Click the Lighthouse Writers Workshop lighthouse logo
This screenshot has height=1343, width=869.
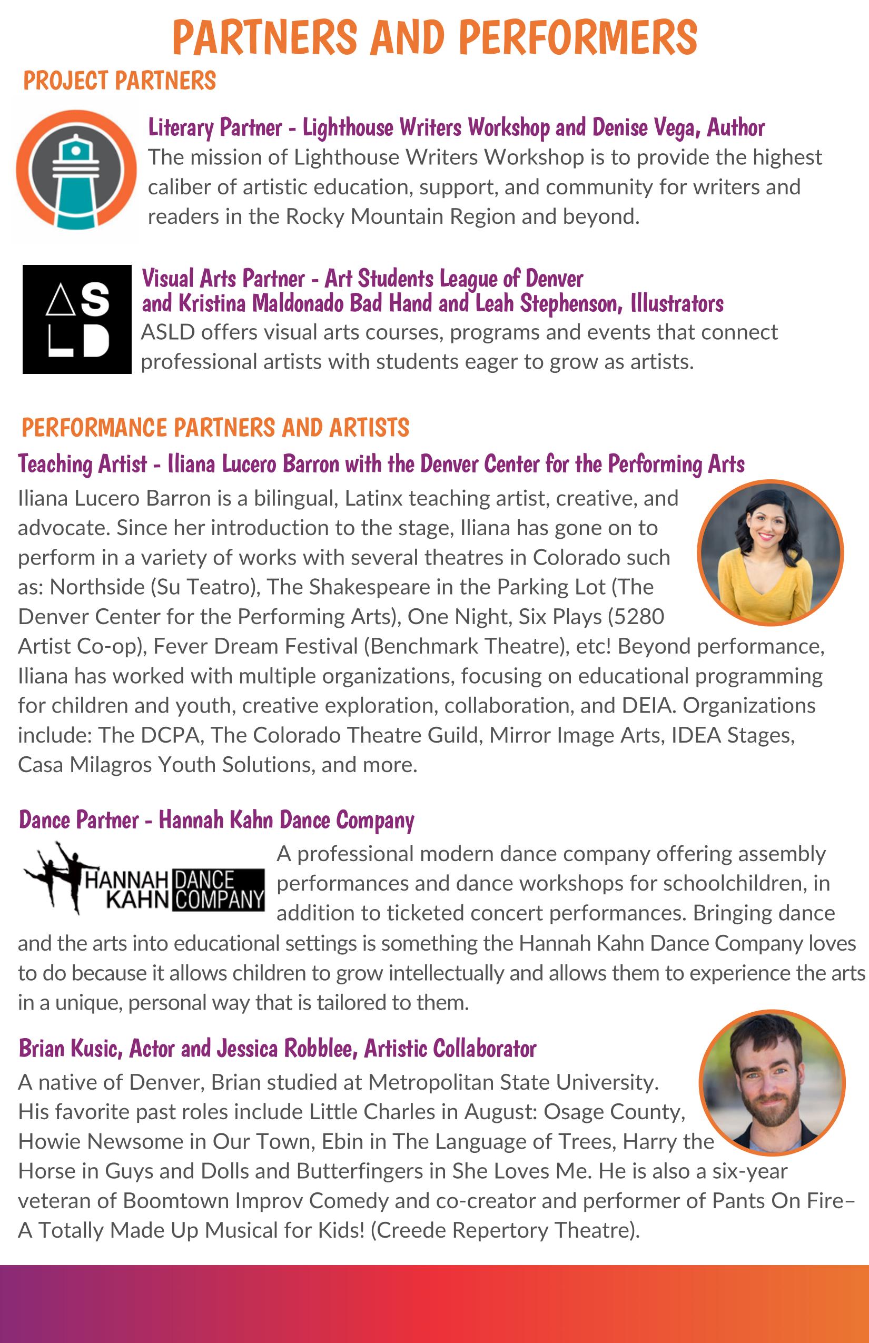click(76, 170)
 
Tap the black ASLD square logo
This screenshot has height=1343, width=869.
click(77, 319)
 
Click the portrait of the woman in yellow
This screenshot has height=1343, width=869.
click(769, 552)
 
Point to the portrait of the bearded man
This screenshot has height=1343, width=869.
click(772, 1082)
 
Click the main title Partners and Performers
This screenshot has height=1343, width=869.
click(434, 38)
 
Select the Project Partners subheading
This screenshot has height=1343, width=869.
click(120, 81)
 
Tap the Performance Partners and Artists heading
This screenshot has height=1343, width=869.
click(215, 428)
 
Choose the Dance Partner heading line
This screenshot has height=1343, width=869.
click(216, 820)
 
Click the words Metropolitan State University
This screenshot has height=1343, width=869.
click(513, 1082)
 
